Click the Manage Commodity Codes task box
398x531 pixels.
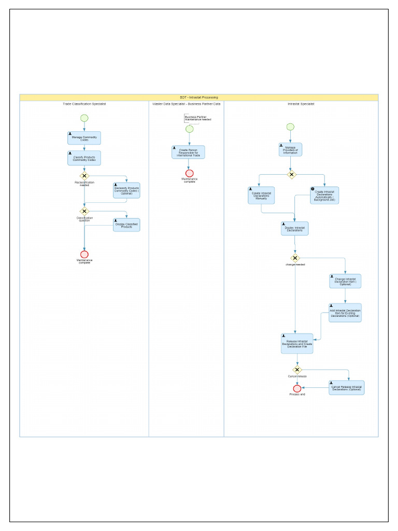point(84,138)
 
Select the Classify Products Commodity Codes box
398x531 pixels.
point(84,158)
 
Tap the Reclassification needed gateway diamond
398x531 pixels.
point(84,176)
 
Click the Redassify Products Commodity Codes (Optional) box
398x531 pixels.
point(126,191)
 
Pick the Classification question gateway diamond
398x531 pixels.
point(84,211)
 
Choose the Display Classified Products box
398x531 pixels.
point(126,225)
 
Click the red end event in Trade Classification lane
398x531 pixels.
point(84,254)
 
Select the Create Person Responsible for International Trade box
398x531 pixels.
point(189,152)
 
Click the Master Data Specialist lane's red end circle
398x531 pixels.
point(189,173)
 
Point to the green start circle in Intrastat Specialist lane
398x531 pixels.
point(290,127)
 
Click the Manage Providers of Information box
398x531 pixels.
point(290,149)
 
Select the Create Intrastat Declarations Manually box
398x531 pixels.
point(261,195)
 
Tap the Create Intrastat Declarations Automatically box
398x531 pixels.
point(324,195)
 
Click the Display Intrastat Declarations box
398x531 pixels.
point(294,228)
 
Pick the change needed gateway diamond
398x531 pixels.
point(295,258)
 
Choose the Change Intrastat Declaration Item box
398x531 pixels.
point(345,281)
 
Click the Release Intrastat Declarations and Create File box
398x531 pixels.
point(297,343)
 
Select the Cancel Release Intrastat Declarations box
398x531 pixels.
point(346,387)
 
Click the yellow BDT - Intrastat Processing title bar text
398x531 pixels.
point(199,97)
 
